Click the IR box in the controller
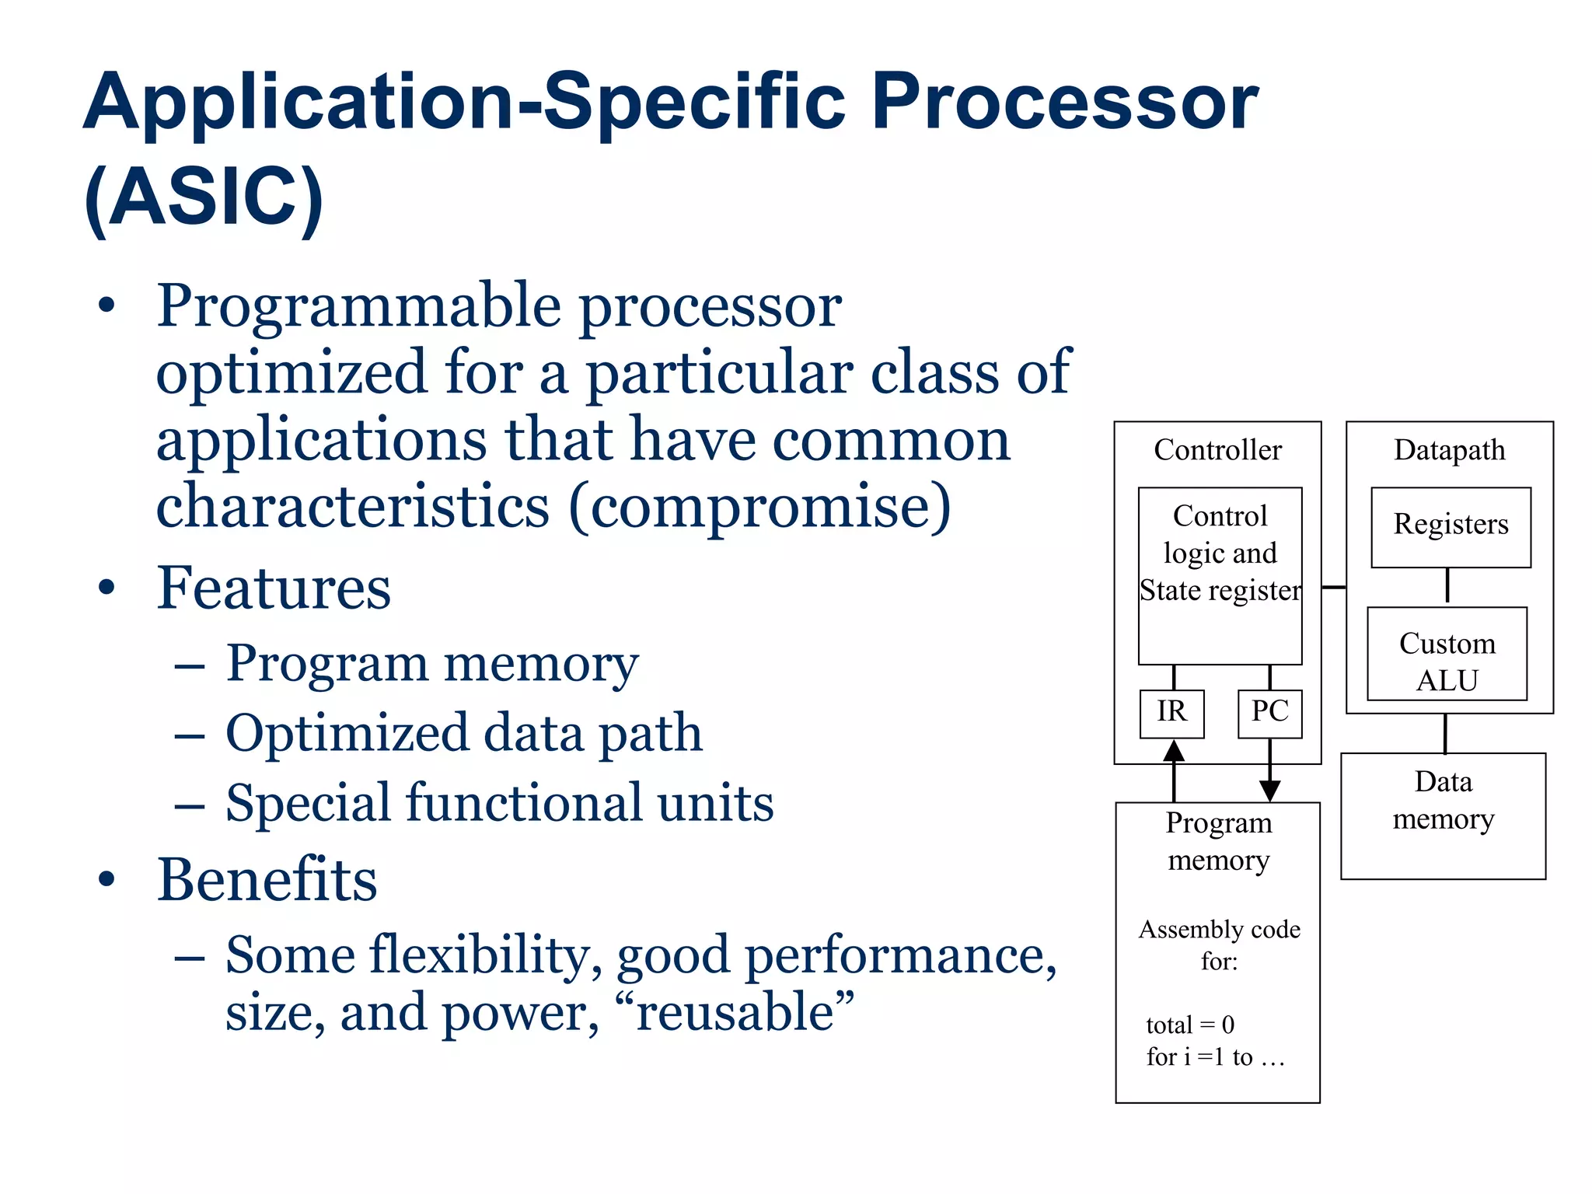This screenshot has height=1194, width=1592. pos(1171,713)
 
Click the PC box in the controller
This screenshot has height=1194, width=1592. pos(1269,713)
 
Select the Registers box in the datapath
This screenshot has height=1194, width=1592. pos(1451,526)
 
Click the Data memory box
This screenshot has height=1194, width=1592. pos(1443,815)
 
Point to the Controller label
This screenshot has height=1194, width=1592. pos(1217,450)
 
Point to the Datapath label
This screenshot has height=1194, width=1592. pos(1449,450)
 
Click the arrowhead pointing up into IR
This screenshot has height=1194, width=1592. pos(1173,751)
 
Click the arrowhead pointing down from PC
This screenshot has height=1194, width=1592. pos(1269,791)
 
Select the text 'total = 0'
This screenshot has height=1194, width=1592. pos(1189,1025)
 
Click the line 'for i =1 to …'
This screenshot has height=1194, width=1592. pos(1215,1056)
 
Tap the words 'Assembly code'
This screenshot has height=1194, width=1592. pos(1219,929)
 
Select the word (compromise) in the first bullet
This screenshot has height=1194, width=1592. pos(759,507)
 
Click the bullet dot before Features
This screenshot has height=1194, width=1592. pos(106,587)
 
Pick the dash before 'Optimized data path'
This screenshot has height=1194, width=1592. pos(190,733)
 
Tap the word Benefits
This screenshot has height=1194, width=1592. pos(267,879)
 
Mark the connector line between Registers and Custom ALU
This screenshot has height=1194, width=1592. pos(1447,586)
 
